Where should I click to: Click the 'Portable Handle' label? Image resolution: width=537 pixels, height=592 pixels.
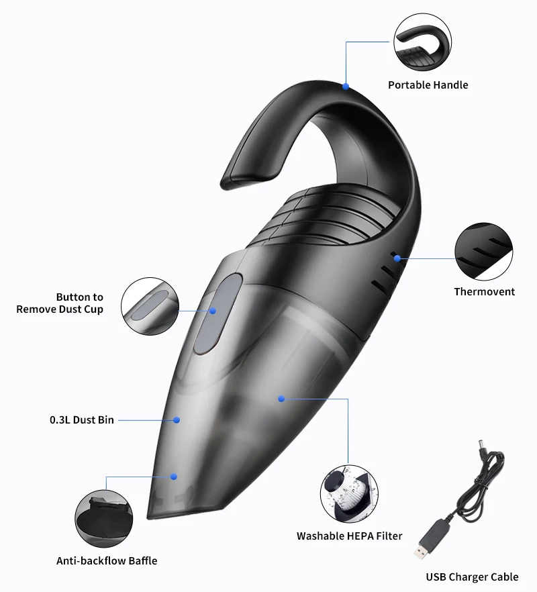[x=428, y=85]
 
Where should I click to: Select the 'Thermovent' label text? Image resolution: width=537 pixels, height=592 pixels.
[x=484, y=291]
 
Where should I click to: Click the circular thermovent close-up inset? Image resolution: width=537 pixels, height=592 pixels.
[x=483, y=252]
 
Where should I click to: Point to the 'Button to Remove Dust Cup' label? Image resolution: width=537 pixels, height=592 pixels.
[x=60, y=303]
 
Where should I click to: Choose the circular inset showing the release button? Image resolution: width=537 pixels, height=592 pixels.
[x=150, y=307]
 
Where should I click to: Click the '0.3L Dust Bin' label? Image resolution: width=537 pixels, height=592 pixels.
[x=82, y=420]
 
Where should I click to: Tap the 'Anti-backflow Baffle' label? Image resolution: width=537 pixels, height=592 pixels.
[x=107, y=560]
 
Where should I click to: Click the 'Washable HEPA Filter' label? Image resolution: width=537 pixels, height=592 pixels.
[x=350, y=536]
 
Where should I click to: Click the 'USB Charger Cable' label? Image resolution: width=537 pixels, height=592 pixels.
[x=472, y=577]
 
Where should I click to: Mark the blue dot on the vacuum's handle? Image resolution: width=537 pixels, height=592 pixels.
[x=346, y=86]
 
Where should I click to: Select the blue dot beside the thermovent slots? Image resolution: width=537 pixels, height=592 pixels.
[x=397, y=258]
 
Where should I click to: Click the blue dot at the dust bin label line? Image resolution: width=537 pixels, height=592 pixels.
[x=177, y=420]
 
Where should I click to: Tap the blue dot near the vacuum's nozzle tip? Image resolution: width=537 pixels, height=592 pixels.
[x=173, y=477]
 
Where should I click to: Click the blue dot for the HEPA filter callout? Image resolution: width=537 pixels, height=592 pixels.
[x=281, y=399]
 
